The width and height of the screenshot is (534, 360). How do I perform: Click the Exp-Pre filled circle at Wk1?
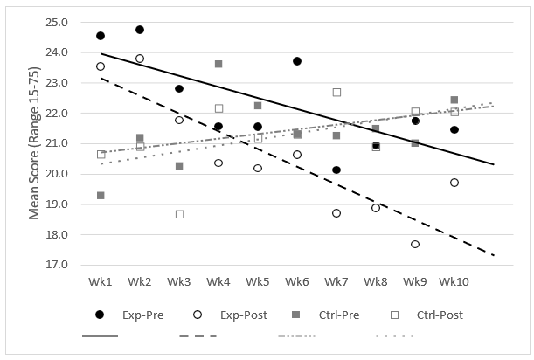click(101, 36)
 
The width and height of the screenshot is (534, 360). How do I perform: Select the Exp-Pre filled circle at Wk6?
click(297, 61)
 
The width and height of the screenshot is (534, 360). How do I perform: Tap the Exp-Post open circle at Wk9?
click(415, 244)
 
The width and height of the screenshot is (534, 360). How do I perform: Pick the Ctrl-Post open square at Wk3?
click(179, 214)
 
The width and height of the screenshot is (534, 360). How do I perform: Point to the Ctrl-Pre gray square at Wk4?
click(218, 64)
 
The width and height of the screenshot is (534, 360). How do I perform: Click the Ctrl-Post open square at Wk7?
click(336, 92)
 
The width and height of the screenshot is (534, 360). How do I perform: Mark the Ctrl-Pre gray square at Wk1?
click(101, 196)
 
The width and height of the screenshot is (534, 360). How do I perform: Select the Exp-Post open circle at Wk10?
click(454, 183)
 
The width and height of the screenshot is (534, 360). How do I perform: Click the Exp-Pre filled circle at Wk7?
click(336, 170)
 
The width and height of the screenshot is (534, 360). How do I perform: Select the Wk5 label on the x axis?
click(258, 282)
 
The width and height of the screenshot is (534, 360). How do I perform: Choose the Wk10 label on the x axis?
click(454, 282)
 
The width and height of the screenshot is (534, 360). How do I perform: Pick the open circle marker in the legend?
click(198, 315)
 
